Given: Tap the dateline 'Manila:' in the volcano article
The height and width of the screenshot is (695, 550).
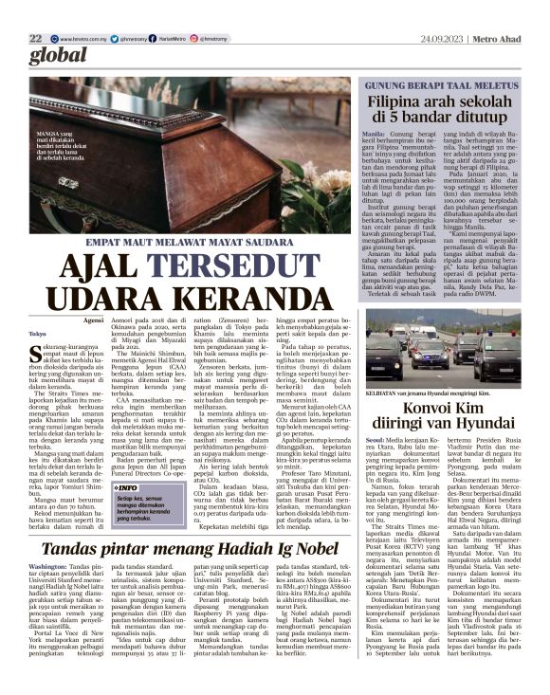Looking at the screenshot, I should pyautogui.click(x=375, y=135).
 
